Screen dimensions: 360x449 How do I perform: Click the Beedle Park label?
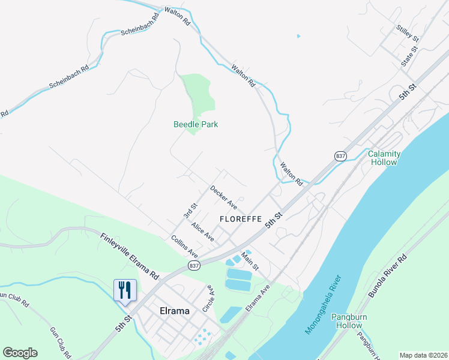tap(196, 124)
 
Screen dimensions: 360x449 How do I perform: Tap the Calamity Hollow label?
tap(384, 158)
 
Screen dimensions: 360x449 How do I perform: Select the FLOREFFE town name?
tap(240, 219)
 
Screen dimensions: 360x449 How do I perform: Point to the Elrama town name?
tap(175, 311)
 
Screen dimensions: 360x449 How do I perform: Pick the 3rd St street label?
tap(190, 211)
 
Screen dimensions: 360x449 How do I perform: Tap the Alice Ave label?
tap(203, 230)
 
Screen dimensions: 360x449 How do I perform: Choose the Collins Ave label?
tap(184, 247)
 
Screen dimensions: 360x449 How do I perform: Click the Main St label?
tap(250, 260)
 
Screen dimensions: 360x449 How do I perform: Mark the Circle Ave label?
tap(208, 299)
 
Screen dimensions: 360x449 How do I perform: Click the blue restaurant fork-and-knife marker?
tap(125, 290)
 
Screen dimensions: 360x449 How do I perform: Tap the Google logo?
tap(20, 353)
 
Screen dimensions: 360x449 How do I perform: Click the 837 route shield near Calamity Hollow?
tap(341, 155)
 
